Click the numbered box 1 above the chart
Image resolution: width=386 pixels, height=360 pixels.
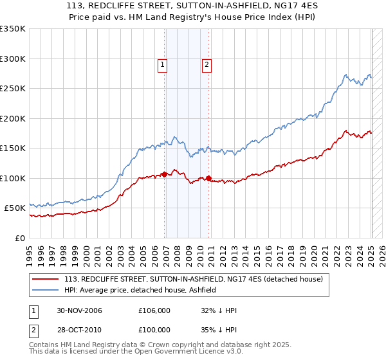click(162, 64)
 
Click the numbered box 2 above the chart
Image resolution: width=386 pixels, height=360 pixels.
click(207, 64)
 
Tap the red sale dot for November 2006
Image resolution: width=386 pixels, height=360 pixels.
click(165, 174)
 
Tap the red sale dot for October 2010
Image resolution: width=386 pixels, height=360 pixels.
click(209, 178)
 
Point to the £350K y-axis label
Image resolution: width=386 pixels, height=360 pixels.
click(13, 29)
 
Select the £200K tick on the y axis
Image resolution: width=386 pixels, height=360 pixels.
click(13, 118)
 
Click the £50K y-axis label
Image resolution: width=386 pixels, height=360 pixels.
click(15, 208)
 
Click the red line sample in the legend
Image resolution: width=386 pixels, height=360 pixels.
click(46, 279)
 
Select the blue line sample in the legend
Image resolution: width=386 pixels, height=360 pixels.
click(46, 290)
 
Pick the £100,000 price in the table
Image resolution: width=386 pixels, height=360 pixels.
click(154, 329)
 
